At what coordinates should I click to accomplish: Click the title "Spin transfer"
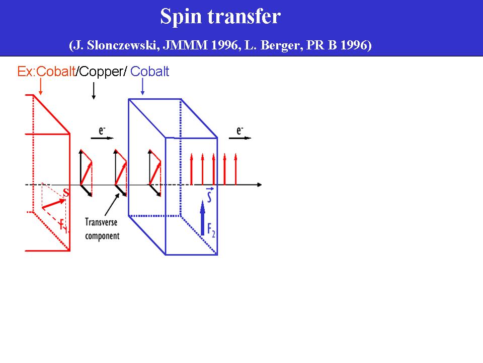tap(220, 17)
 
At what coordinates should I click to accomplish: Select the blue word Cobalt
tap(149, 72)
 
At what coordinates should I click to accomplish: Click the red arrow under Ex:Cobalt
tap(40, 87)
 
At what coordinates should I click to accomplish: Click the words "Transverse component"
tap(102, 228)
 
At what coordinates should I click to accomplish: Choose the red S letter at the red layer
tap(65, 193)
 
